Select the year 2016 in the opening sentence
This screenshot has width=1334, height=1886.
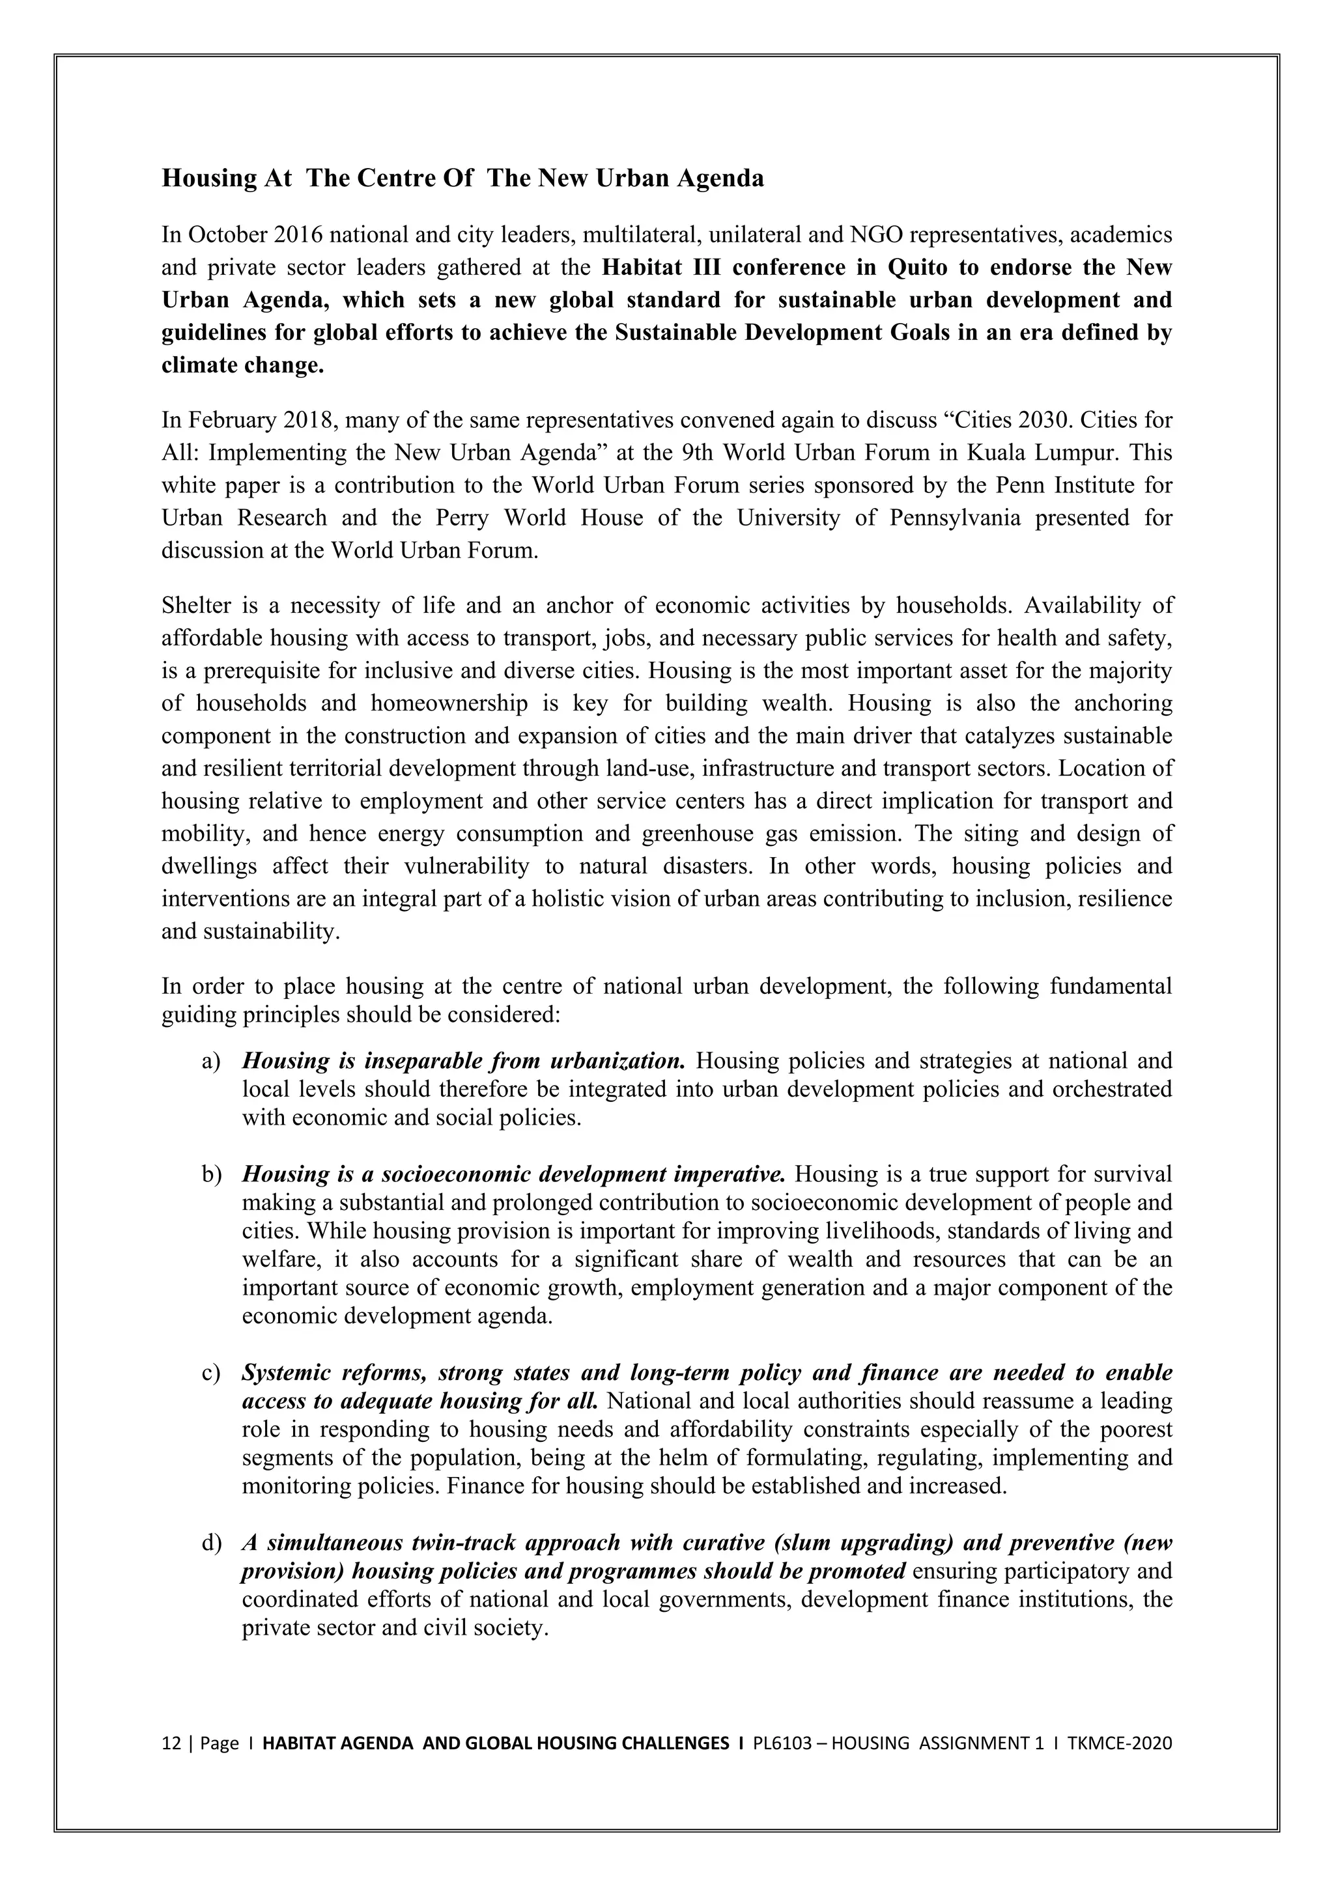[300, 235]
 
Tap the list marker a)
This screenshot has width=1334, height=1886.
[211, 1062]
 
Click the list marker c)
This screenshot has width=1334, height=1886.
[211, 1373]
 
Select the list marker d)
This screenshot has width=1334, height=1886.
[211, 1543]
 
